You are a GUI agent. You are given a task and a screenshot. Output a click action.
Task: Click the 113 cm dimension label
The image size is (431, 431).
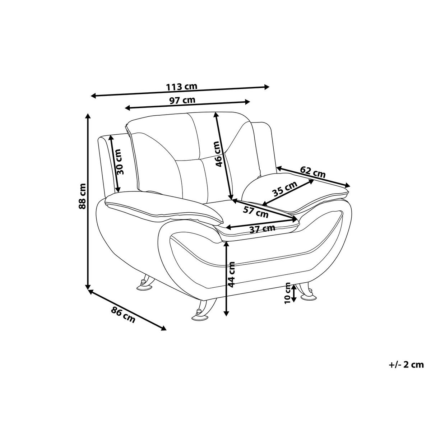[x=182, y=87]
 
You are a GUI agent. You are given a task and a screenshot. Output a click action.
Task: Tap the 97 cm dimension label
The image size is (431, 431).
[x=182, y=100]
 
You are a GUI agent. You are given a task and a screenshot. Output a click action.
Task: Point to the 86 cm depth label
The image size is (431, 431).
[x=123, y=315]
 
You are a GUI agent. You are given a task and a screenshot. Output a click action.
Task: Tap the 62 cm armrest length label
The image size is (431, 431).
[x=313, y=172]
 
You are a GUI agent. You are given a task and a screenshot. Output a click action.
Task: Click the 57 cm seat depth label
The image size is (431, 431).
[x=256, y=211]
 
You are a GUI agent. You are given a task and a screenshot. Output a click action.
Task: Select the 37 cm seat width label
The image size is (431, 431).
[x=262, y=228]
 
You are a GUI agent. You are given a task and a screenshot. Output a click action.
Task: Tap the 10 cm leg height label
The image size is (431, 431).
[x=287, y=293]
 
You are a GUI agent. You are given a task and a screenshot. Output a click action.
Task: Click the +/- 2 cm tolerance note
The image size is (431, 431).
[x=406, y=365]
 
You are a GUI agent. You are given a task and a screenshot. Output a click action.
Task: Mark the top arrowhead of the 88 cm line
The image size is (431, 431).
[x=88, y=116]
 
